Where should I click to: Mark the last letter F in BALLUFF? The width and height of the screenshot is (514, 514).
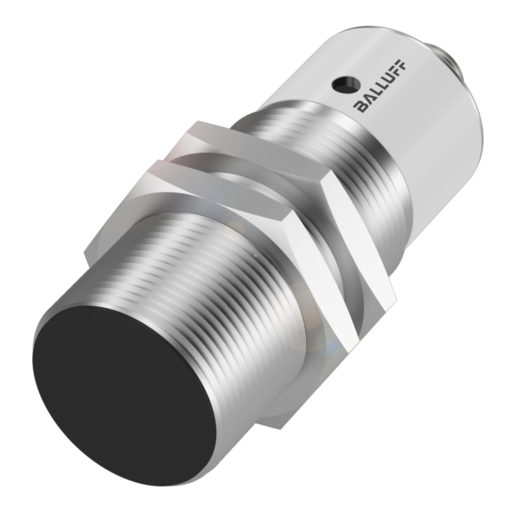[403, 65]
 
